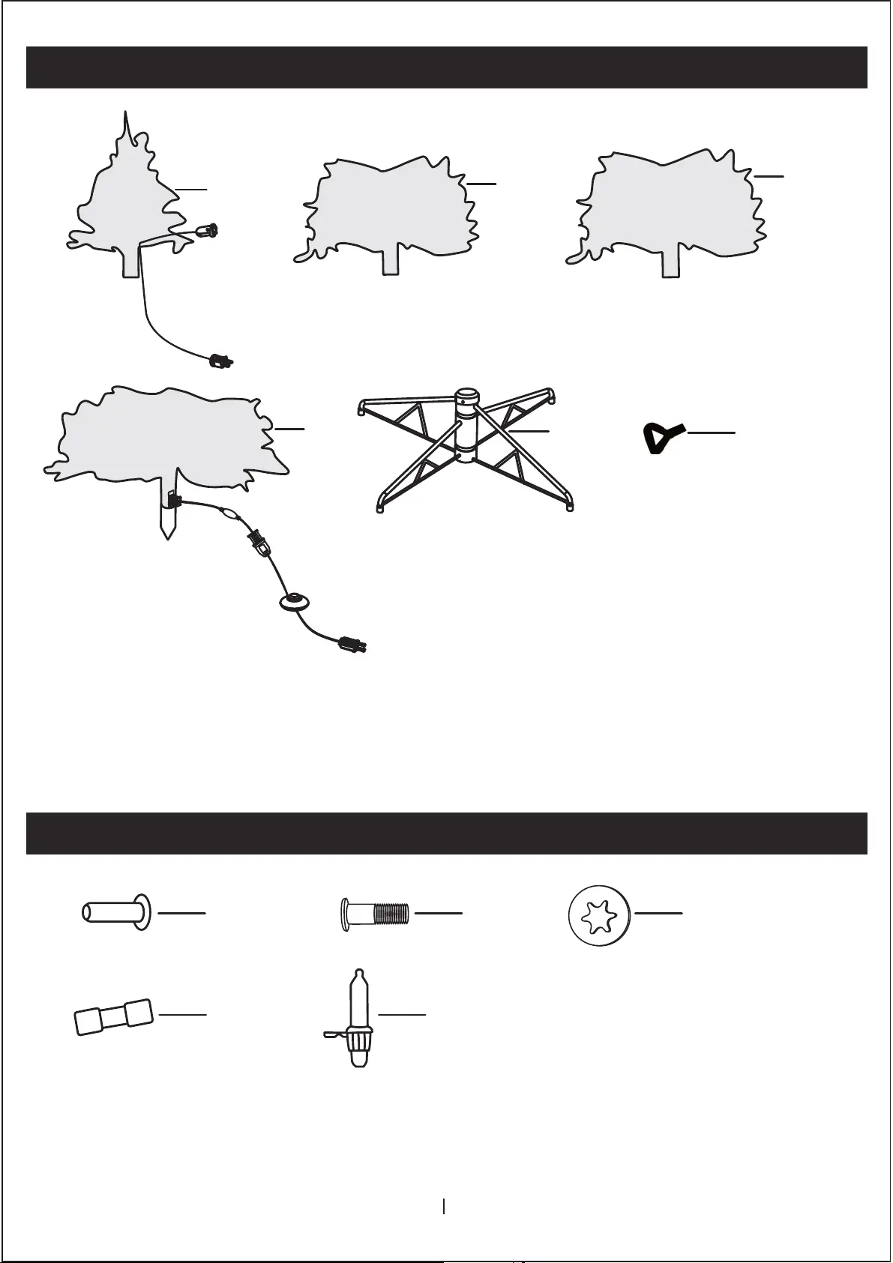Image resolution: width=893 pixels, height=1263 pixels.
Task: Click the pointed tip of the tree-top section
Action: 127,114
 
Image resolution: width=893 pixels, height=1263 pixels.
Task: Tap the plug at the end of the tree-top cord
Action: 221,362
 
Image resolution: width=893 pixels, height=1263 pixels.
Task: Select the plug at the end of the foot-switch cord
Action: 351,644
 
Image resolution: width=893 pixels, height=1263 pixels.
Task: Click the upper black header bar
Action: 447,67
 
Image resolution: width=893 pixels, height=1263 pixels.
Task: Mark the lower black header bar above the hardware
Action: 447,834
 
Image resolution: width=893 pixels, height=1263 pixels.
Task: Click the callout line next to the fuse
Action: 183,1014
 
